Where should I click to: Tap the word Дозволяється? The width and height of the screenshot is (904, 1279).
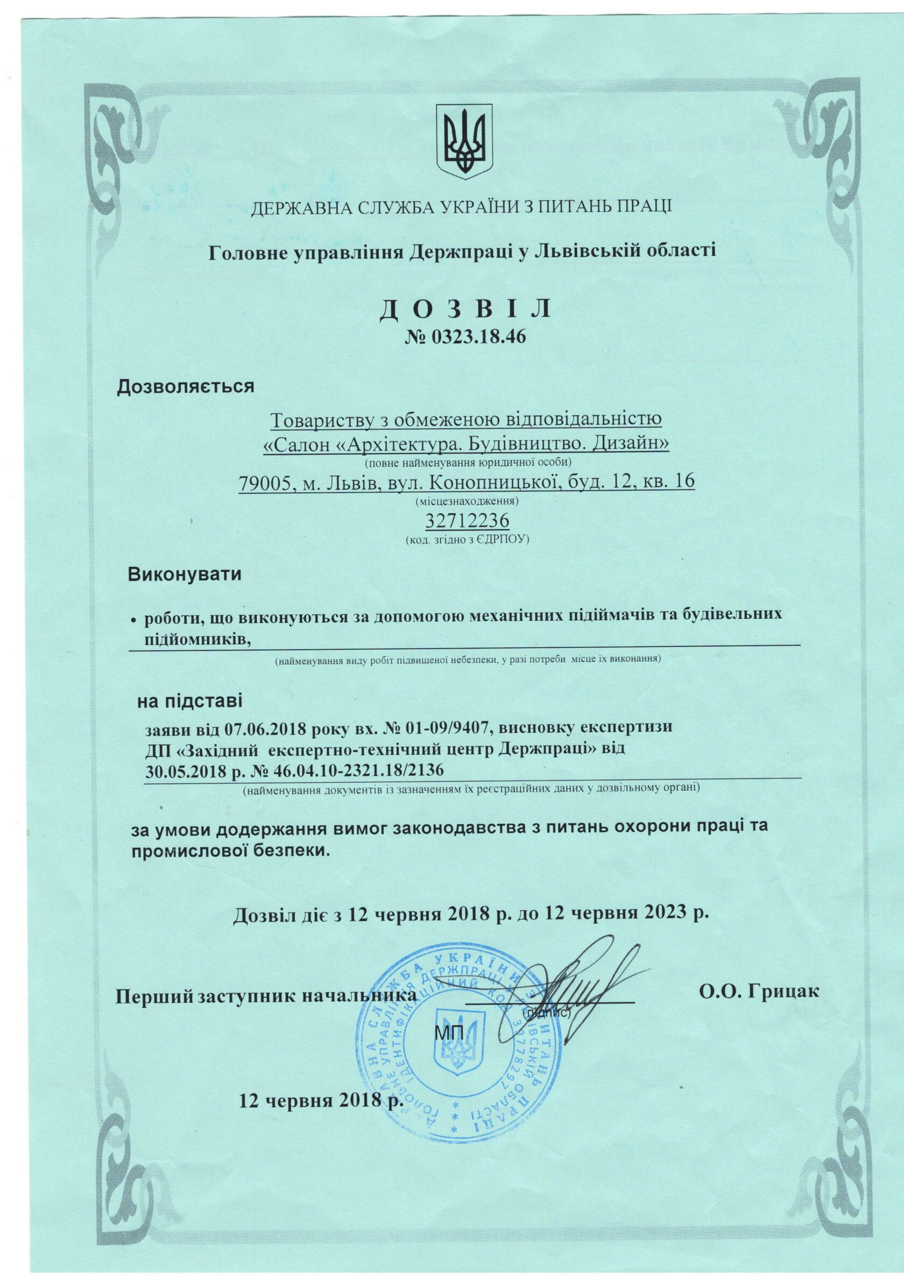(x=186, y=386)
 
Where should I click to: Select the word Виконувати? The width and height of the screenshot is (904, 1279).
(x=185, y=574)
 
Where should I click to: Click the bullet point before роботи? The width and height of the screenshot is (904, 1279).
(x=133, y=620)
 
